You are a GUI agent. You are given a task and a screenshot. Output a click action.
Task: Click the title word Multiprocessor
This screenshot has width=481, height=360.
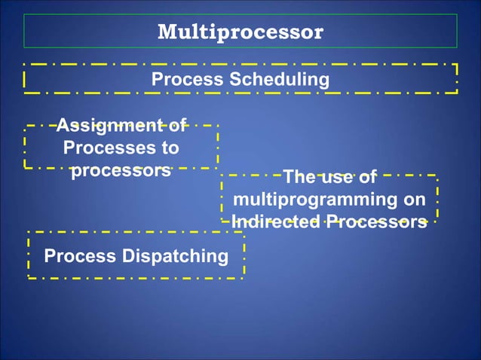tap(240, 32)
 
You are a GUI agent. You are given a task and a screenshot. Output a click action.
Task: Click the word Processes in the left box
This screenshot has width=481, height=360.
tap(106, 148)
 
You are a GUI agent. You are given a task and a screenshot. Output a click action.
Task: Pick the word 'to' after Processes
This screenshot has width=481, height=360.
tap(170, 148)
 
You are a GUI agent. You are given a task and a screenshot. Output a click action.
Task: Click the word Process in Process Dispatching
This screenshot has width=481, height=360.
tap(75, 256)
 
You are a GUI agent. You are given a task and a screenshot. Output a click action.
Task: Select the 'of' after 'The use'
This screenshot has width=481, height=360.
tap(366, 178)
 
